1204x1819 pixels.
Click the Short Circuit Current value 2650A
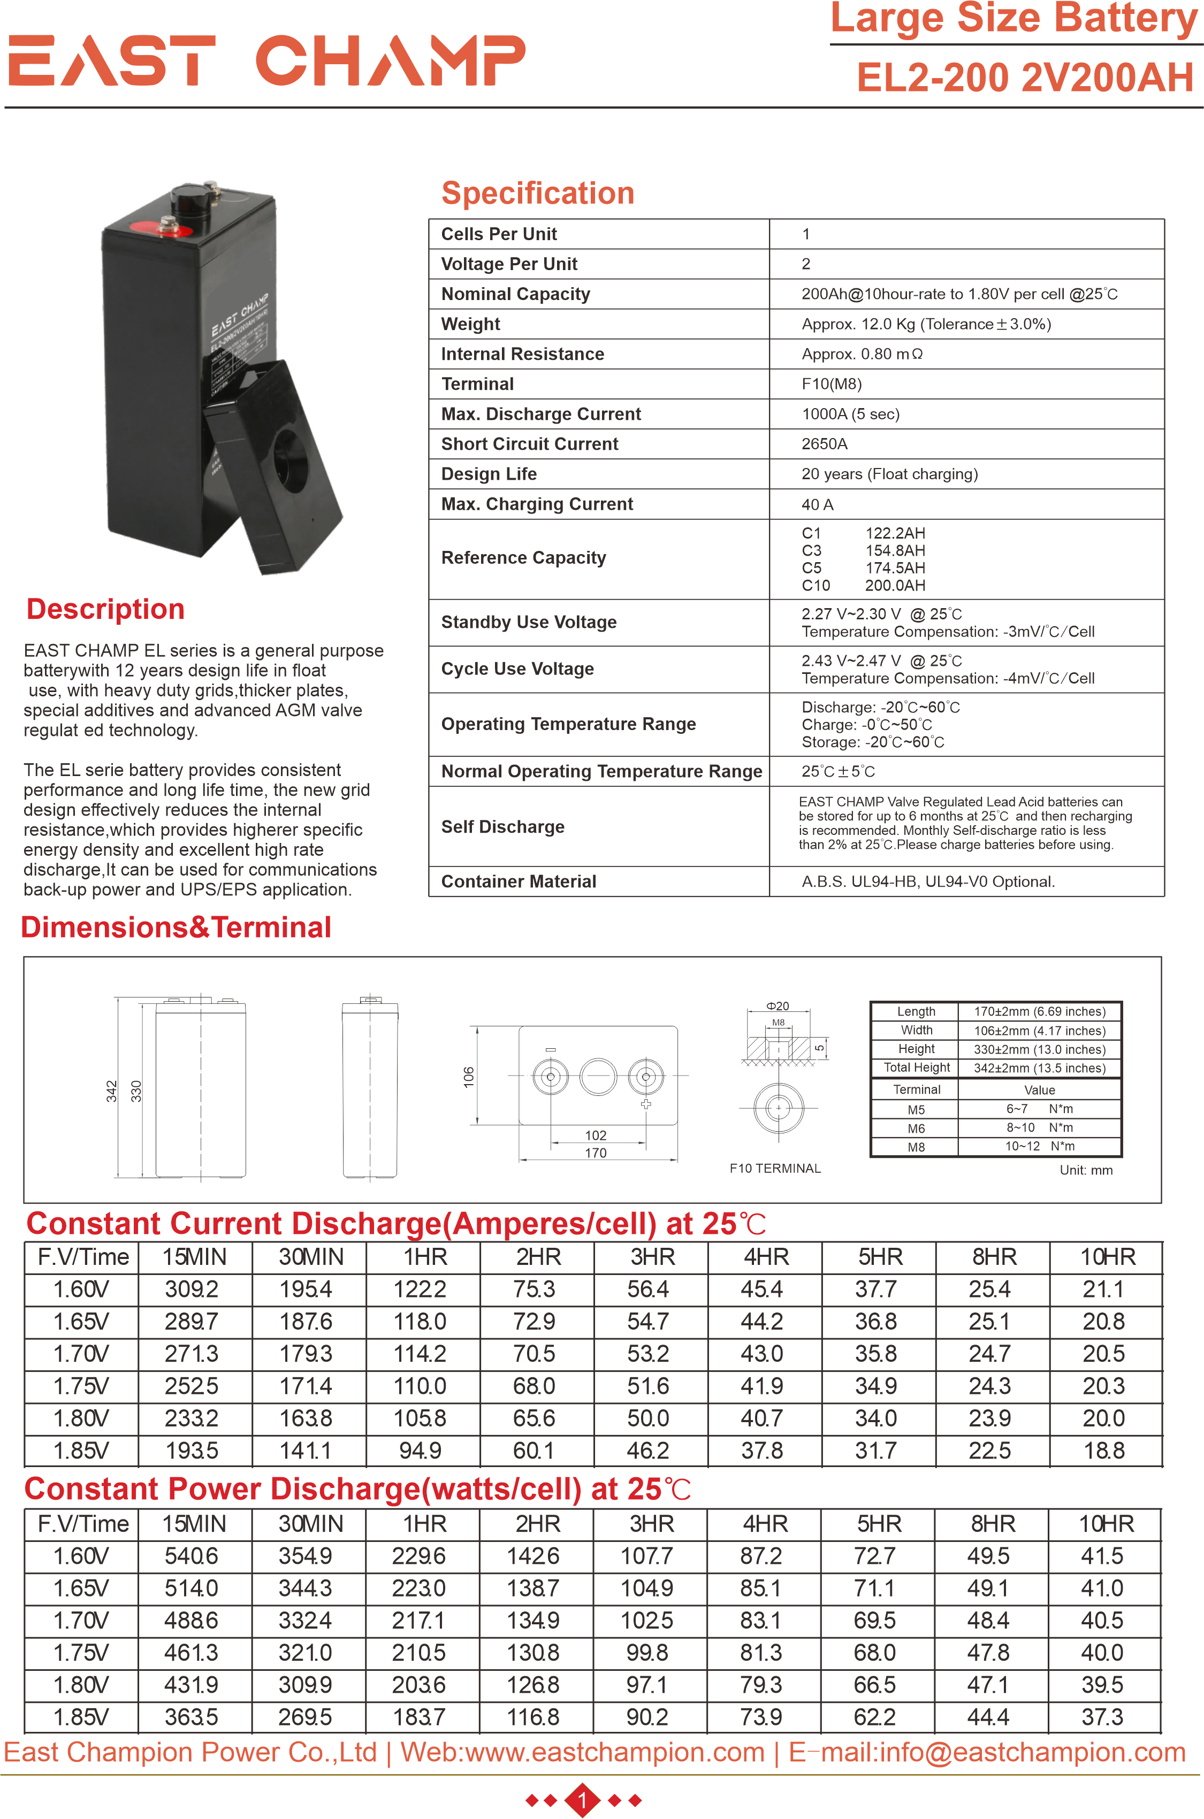pos(824,443)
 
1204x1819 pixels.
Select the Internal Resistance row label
pos(522,354)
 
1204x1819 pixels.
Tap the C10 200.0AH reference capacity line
pos(863,586)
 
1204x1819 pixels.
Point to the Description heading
pos(105,609)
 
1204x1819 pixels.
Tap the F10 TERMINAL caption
pos(775,1168)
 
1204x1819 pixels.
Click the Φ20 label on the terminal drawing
pos(777,1006)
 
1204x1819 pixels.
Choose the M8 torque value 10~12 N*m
pos(1040,1146)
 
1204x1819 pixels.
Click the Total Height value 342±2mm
pos(1040,1068)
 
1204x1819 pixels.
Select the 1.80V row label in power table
pos(81,1685)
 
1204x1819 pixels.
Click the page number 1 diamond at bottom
pos(583,1799)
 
